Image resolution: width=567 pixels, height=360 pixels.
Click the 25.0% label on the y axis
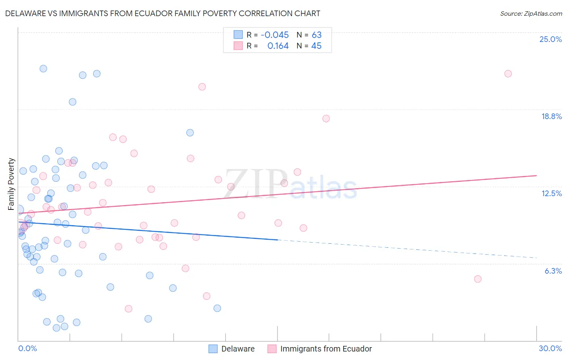[x=550, y=39]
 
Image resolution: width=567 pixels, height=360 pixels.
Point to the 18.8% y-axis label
[x=551, y=116]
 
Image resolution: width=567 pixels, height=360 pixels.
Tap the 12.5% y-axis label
[x=551, y=193]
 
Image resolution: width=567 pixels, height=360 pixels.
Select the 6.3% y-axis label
[x=553, y=271]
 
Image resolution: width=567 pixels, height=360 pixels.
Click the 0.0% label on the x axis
[x=27, y=348]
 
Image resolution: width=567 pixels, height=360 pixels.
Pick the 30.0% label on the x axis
[x=550, y=348]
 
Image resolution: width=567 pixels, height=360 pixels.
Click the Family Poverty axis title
[x=11, y=184]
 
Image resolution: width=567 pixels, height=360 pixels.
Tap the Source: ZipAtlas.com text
[x=531, y=13]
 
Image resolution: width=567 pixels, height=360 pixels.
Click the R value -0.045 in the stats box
[x=275, y=35]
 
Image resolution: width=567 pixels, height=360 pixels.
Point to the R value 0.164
[x=278, y=46]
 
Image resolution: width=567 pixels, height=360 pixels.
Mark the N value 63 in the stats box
[x=317, y=35]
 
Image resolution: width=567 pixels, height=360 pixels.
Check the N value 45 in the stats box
[x=317, y=46]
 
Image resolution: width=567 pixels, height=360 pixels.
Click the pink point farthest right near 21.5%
[x=508, y=73]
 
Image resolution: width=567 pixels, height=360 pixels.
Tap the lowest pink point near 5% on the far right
[x=478, y=279]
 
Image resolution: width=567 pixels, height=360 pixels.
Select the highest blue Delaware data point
[x=43, y=69]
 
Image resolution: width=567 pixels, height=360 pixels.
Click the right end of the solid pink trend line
[x=536, y=176]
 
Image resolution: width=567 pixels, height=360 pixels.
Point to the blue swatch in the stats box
[x=238, y=35]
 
